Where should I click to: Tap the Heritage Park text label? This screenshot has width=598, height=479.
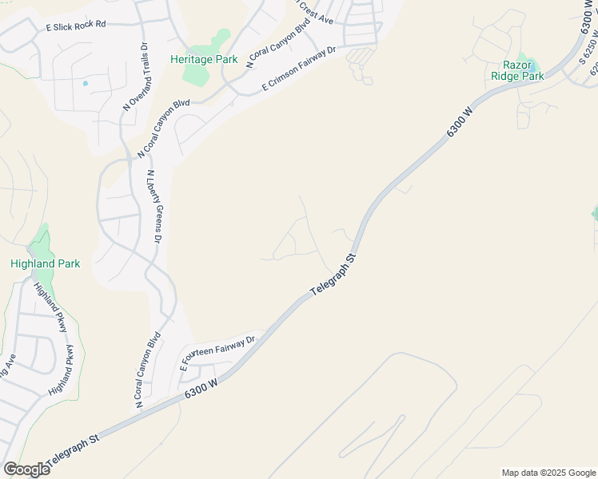[x=204, y=59]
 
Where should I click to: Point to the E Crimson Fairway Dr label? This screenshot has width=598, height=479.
[x=298, y=70]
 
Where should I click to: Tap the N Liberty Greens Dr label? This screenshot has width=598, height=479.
[x=153, y=206]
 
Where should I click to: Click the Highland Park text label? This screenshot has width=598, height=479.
[x=45, y=263]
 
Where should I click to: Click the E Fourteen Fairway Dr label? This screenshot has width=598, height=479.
[x=217, y=352]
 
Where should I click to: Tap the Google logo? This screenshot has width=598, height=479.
[x=26, y=469]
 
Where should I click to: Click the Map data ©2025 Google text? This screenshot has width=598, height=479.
[x=548, y=473]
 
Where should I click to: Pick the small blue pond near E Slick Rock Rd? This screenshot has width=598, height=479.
[x=85, y=83]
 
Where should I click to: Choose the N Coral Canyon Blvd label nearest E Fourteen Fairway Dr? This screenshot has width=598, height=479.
[x=144, y=372]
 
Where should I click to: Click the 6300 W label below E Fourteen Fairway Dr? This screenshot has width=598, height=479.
[x=201, y=390]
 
